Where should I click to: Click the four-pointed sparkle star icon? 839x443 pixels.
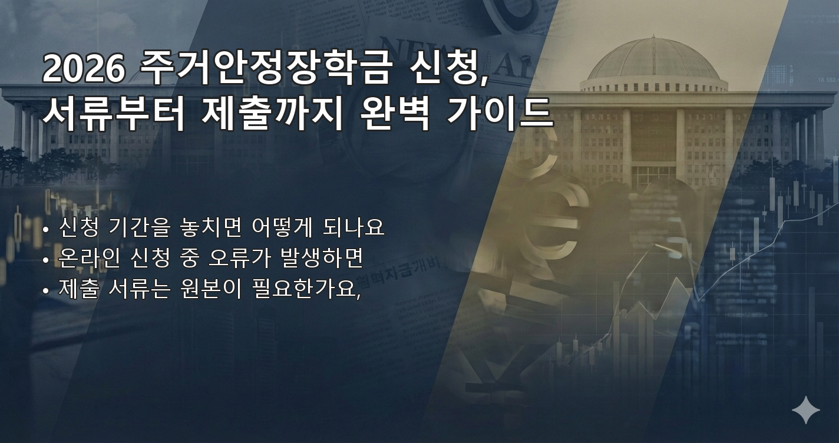tap(805, 409)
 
